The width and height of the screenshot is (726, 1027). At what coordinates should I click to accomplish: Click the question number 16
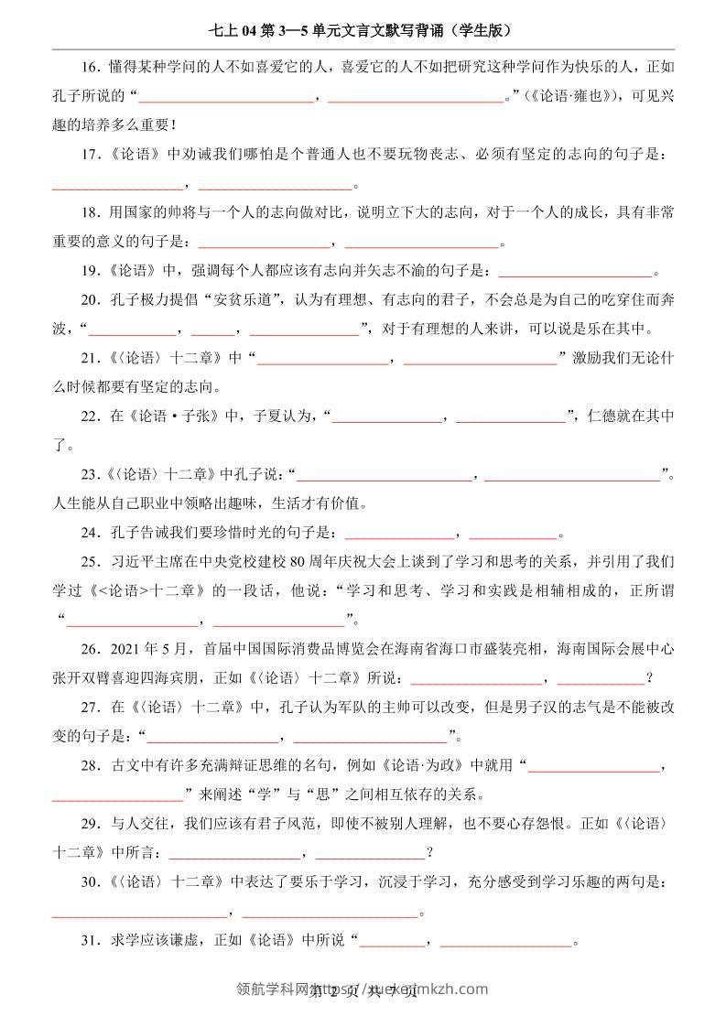point(88,67)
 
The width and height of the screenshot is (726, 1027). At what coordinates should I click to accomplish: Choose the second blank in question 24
point(513,535)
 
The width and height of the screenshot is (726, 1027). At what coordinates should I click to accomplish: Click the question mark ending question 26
point(649,678)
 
